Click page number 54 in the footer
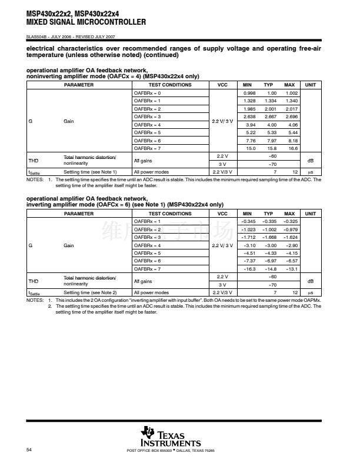tap(29, 450)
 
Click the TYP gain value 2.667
tap(271, 117)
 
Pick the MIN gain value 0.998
tap(249, 93)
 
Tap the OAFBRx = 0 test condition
tap(147, 93)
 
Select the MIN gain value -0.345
tap(249, 221)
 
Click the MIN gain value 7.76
tap(250, 141)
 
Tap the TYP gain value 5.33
tap(272, 133)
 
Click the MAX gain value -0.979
tap(291, 229)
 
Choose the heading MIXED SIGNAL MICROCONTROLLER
tap(86, 22)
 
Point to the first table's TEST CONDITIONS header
tap(171, 85)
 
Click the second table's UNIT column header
tap(311, 213)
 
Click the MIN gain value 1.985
tap(249, 109)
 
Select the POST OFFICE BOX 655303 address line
tap(171, 451)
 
